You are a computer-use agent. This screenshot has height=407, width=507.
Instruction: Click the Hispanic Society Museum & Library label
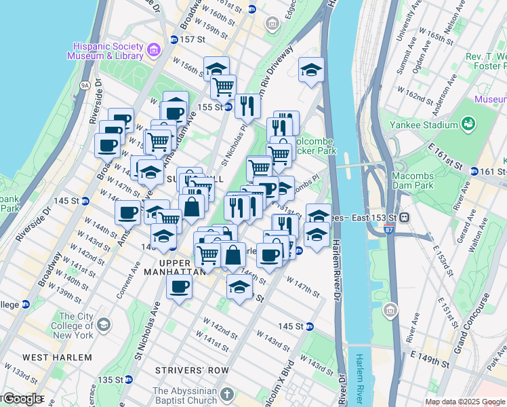[105, 51]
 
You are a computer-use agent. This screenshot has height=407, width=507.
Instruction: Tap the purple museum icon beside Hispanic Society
[154, 49]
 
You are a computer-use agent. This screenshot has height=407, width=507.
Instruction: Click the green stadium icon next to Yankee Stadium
[468, 123]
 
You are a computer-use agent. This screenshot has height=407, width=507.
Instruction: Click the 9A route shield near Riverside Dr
[85, 86]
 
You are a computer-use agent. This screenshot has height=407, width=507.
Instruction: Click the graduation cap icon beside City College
[103, 325]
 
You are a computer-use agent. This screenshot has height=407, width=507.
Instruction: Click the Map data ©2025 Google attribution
[465, 402]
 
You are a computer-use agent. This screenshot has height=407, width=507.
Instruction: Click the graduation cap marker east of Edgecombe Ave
[310, 70]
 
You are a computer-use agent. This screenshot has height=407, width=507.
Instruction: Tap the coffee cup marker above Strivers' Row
[179, 286]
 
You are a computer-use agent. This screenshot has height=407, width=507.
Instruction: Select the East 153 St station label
[370, 217]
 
